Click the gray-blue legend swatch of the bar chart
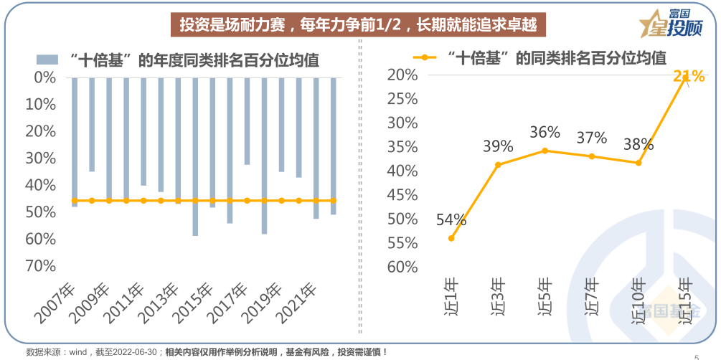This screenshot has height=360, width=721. (x=47, y=60)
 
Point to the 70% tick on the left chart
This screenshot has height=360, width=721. (x=40, y=266)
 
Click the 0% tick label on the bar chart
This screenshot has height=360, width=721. (x=44, y=77)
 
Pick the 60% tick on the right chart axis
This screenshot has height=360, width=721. (x=402, y=267)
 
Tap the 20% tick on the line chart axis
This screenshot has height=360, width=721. (x=402, y=75)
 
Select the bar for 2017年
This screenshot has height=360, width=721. (x=247, y=120)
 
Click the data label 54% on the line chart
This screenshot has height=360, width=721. (x=451, y=220)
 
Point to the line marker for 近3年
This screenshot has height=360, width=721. (x=498, y=165)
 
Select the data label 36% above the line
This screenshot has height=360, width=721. (x=545, y=133)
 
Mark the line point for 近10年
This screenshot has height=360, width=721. (x=638, y=163)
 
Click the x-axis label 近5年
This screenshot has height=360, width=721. (x=545, y=295)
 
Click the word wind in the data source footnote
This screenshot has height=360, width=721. (x=75, y=352)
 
